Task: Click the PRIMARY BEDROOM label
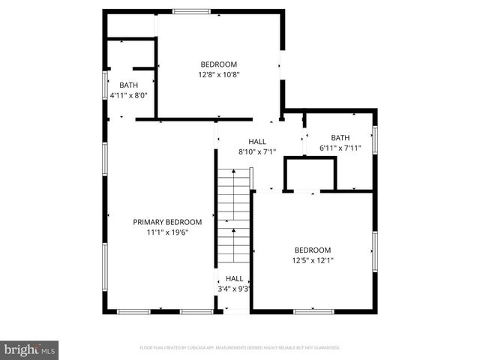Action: pos(167,222)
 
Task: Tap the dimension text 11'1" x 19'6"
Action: pos(167,232)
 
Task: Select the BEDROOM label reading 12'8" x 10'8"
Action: pos(218,64)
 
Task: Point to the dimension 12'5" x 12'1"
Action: pos(312,261)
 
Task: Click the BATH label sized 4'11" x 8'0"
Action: pos(118,85)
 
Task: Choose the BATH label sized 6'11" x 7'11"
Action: pos(340,137)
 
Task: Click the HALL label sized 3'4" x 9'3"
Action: pos(234,278)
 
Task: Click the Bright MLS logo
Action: pos(29,349)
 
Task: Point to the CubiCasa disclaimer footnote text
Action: pos(240,348)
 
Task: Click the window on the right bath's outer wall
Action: pos(374,138)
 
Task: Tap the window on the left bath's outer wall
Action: pos(104,85)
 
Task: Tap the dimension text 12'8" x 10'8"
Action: pos(218,75)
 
